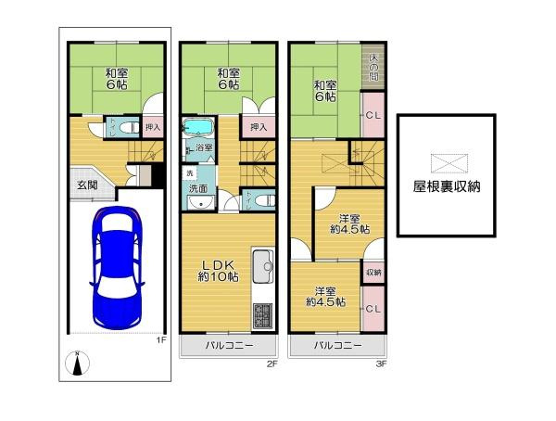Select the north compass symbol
(x=78, y=365)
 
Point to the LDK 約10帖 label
(x=218, y=270)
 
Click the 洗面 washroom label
(x=198, y=189)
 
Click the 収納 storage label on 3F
(x=373, y=273)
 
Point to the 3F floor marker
(x=381, y=364)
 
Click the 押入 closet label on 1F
(x=153, y=128)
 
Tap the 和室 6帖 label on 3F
(x=324, y=91)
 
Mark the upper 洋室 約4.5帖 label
(x=350, y=223)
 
